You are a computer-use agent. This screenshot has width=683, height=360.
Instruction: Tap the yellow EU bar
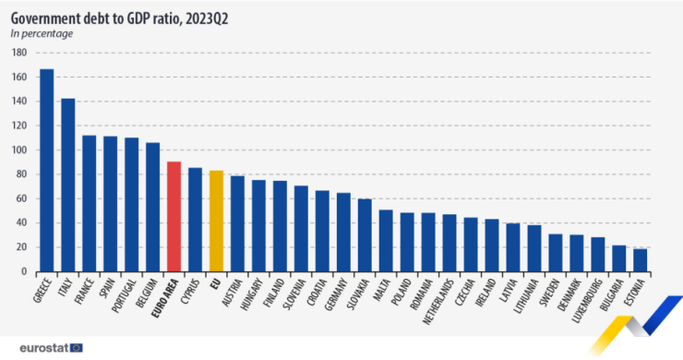(216, 221)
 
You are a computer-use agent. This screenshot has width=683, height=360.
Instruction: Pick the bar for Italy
(67, 185)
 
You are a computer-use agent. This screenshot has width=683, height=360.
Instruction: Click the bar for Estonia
(641, 260)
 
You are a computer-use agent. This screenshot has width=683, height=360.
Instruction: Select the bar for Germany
(343, 232)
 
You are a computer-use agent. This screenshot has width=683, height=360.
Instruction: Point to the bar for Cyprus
(195, 220)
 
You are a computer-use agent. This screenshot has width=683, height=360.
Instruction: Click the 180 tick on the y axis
(18, 53)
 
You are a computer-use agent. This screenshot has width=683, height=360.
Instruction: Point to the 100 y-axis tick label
(18, 150)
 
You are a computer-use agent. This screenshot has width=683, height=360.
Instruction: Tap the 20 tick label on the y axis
(20, 247)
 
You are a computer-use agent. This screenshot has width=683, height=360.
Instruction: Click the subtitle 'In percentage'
(42, 33)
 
